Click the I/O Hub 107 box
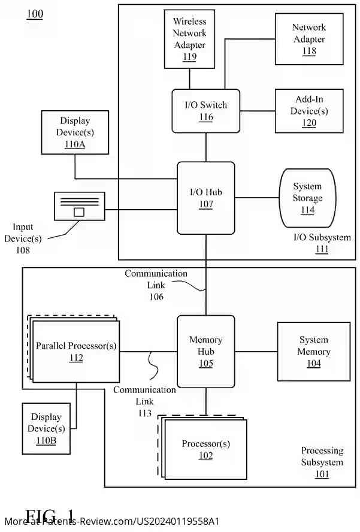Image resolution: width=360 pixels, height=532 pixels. pos(205,198)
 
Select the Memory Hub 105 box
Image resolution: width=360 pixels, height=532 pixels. pos(205,351)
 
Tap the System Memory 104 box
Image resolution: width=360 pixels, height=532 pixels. pos(313,351)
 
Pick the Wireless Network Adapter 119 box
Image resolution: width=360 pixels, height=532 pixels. pos(189,39)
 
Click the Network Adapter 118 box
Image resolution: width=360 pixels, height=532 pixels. pos(308,39)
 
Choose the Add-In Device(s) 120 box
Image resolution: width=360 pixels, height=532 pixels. pos(308,111)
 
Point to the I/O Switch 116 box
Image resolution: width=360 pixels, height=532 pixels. pos(205,111)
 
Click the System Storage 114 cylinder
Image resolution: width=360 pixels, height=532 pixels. pos(307,198)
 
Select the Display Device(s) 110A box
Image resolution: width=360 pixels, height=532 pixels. pos(75,132)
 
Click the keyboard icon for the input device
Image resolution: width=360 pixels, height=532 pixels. pos(79,206)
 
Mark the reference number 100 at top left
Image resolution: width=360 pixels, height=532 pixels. pos(35,14)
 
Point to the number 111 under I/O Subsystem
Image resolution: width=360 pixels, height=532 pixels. pos(322,249)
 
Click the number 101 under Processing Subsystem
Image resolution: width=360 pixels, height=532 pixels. pos(322,474)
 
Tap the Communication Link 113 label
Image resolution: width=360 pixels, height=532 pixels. pos(144,401)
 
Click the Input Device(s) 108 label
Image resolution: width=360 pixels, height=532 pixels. pos(23,238)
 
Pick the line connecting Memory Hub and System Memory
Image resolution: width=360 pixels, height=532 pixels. pos(256,351)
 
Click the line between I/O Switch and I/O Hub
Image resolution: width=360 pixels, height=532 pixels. pos(206,147)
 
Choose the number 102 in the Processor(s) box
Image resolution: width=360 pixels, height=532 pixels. pos(205,455)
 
